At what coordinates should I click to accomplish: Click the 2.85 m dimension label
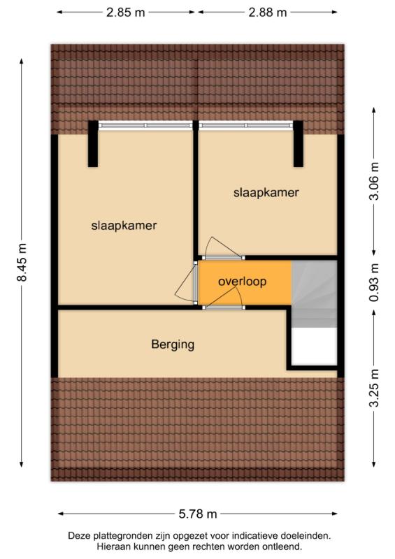pos(126,13)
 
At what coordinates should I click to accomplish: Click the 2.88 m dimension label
pos(268,13)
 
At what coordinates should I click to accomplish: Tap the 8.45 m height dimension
pos(22,262)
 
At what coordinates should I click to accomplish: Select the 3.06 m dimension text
pos(374,181)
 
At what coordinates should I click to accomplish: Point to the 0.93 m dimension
pos(374,282)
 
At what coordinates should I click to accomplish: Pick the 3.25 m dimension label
pos(374,388)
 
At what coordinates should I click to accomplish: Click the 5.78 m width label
pos(198,514)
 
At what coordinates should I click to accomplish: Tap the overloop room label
pos(243,282)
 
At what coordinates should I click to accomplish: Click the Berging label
pos(173,344)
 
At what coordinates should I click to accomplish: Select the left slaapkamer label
pos(124,225)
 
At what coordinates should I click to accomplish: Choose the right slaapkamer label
pos(266,193)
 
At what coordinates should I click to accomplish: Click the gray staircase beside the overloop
pos(315,293)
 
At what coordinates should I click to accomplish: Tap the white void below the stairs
pos(315,346)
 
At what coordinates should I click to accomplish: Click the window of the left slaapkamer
pos(145,125)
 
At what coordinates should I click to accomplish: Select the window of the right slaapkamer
pos(246,125)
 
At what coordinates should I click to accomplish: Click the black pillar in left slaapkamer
pos(93,144)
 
